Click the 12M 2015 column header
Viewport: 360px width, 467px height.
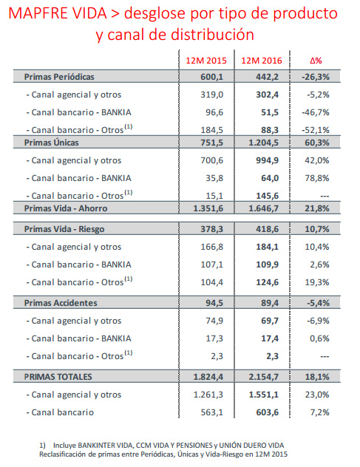[206, 61]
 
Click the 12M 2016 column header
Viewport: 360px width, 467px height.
[262, 61]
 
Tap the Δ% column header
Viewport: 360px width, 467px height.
[316, 61]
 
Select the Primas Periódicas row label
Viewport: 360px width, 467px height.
[59, 77]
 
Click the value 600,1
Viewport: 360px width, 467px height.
[211, 77]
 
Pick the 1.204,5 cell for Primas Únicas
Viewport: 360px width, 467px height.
[264, 143]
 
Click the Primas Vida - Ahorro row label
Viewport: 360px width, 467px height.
[66, 208]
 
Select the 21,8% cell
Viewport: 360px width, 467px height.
[317, 208]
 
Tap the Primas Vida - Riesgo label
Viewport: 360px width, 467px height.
[64, 229]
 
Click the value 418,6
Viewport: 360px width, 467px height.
[268, 229]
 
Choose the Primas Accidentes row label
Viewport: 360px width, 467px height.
[61, 303]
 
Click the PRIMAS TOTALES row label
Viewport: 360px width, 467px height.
[58, 377]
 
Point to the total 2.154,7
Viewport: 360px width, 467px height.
[264, 377]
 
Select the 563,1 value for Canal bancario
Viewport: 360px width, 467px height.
[211, 412]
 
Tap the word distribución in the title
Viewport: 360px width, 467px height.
[212, 35]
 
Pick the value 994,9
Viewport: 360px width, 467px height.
[268, 160]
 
